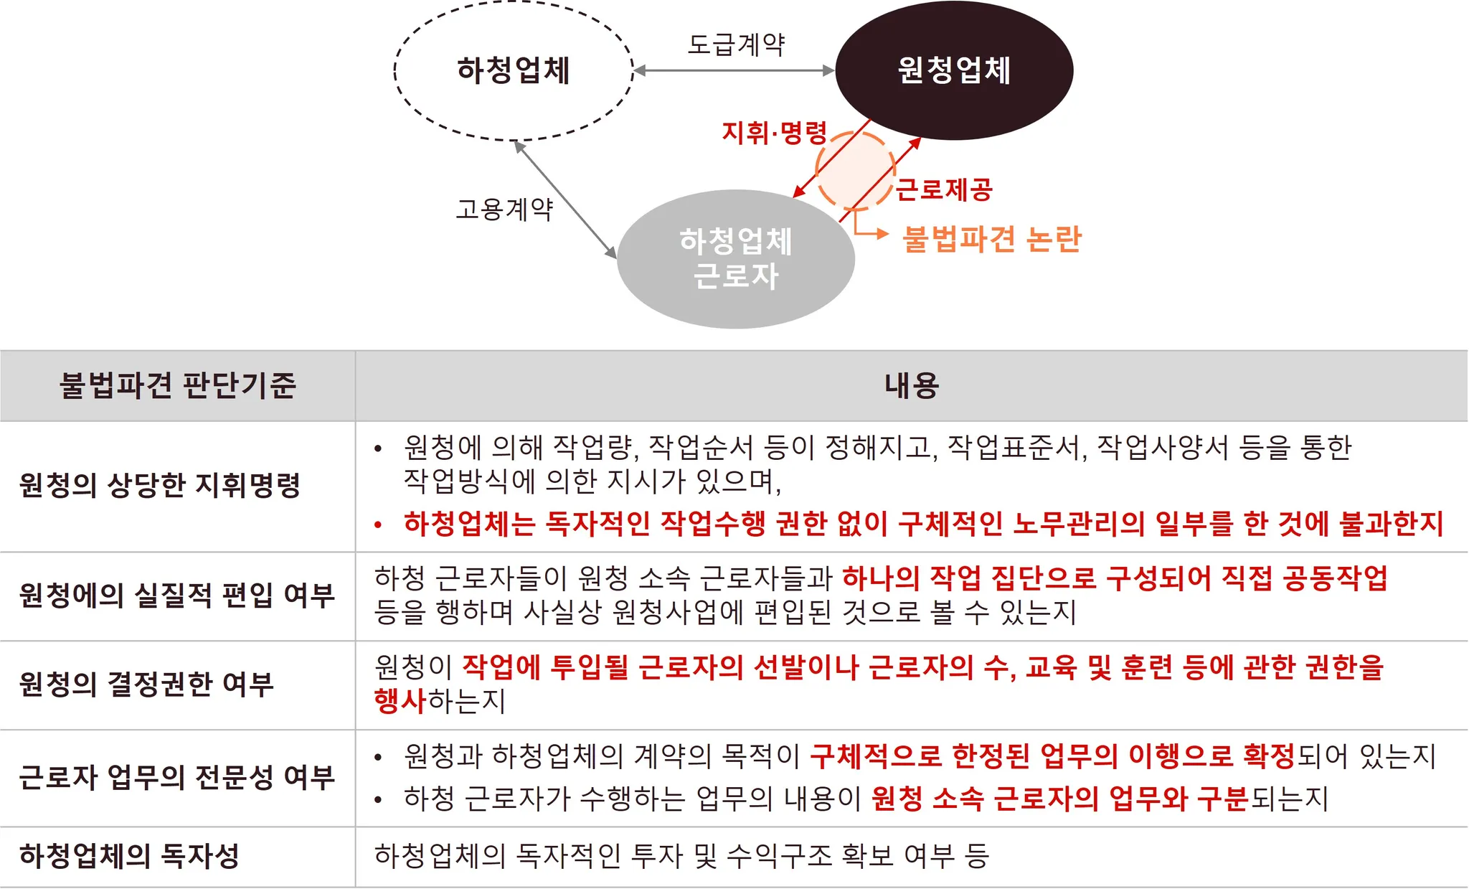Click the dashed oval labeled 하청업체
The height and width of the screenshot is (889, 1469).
(514, 70)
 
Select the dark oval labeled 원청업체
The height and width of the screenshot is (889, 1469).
(954, 70)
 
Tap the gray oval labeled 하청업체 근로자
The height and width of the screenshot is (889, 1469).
(736, 258)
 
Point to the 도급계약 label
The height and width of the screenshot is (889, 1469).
(736, 44)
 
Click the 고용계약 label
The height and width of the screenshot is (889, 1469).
(505, 210)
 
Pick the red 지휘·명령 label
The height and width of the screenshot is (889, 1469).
(775, 133)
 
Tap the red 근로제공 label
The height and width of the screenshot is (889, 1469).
(945, 190)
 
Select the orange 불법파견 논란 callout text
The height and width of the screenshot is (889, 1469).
(992, 239)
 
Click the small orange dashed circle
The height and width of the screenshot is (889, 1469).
(855, 171)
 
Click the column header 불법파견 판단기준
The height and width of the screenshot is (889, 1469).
(177, 385)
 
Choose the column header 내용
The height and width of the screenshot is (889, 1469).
(911, 385)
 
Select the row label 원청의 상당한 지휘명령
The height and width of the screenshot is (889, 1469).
(160, 485)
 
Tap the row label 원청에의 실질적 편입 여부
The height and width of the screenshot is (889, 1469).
(177, 596)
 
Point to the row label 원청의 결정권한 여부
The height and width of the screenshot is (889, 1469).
(147, 684)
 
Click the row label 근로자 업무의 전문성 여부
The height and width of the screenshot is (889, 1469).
(177, 777)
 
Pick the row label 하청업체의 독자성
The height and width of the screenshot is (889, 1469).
(129, 855)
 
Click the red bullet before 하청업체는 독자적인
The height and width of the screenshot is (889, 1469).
(378, 525)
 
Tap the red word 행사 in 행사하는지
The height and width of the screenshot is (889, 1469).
(400, 701)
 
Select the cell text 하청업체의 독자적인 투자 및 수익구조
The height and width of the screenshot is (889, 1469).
(681, 855)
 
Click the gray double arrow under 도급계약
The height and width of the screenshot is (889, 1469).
(734, 70)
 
